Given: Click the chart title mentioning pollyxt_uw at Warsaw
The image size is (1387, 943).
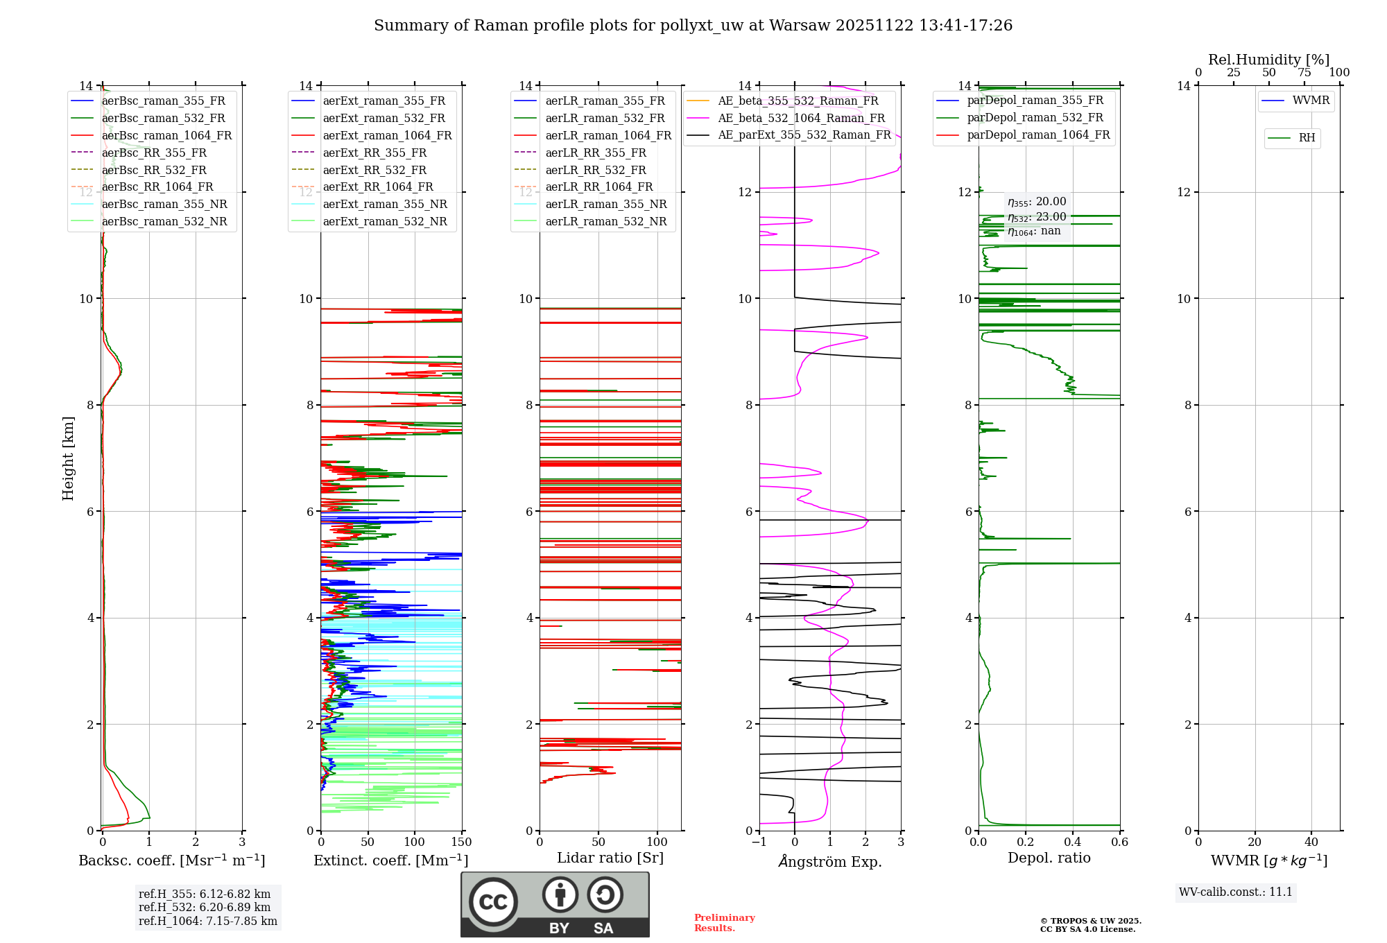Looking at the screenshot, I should (693, 26).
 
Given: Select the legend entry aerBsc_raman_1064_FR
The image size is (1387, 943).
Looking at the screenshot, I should (166, 136).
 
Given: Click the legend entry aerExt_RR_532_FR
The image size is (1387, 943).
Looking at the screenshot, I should (374, 170).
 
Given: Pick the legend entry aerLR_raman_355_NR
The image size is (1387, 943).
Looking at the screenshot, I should (605, 205).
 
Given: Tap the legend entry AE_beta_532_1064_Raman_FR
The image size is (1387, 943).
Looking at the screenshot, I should (801, 118).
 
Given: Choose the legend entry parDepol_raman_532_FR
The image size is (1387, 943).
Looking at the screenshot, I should (1035, 118).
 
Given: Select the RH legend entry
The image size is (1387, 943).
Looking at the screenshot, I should (1307, 138).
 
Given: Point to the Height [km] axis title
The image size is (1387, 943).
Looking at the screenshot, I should (68, 458).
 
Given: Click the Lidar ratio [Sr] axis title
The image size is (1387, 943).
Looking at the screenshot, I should (610, 858).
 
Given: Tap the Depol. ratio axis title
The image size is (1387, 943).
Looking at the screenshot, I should (1049, 858).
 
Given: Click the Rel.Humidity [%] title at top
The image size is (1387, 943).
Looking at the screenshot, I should (1268, 60).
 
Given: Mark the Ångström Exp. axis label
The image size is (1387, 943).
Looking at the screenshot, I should (830, 862).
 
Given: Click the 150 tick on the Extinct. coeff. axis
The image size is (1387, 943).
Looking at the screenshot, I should (461, 842).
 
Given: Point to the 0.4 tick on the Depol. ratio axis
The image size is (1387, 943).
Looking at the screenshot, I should (1073, 842).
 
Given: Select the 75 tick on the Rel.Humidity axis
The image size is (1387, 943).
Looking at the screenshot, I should (1304, 73).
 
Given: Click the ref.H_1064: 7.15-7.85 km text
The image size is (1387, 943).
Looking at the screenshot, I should (208, 922).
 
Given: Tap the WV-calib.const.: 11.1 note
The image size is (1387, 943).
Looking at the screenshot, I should (1236, 892).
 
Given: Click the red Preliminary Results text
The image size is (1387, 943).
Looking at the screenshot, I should (724, 923).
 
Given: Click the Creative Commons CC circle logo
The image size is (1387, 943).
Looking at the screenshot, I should (493, 902).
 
